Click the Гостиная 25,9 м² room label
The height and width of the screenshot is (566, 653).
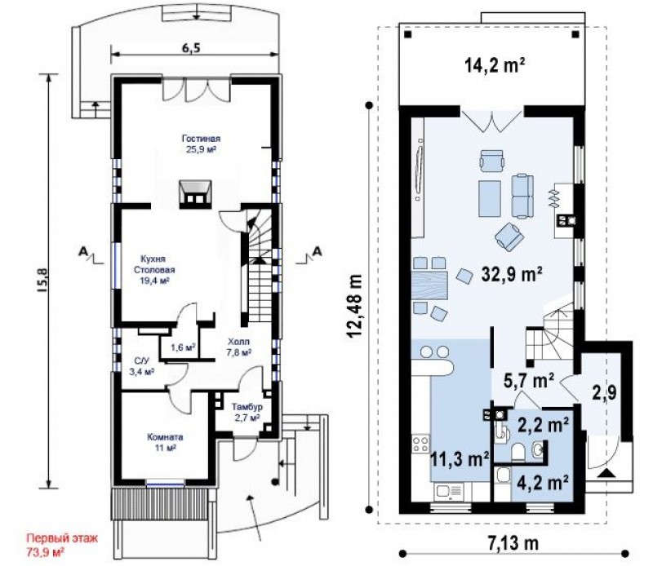click(201, 144)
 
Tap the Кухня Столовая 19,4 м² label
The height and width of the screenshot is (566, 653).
click(154, 270)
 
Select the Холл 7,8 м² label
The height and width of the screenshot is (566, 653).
click(238, 347)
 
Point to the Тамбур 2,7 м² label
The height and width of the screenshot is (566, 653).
click(247, 412)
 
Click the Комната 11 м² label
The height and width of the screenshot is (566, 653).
click(165, 443)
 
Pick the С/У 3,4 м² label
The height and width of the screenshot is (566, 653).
click(140, 366)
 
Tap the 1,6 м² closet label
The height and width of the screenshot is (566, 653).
click(184, 347)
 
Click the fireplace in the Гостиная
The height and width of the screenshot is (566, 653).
click(195, 194)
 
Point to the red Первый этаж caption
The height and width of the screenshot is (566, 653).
click(63, 538)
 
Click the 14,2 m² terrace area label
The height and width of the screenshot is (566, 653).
click(494, 65)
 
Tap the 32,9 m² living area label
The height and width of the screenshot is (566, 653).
click(512, 274)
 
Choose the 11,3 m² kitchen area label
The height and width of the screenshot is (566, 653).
click(460, 460)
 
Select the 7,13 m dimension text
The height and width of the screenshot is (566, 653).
click(513, 543)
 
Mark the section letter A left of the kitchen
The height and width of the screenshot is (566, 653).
click(84, 251)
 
